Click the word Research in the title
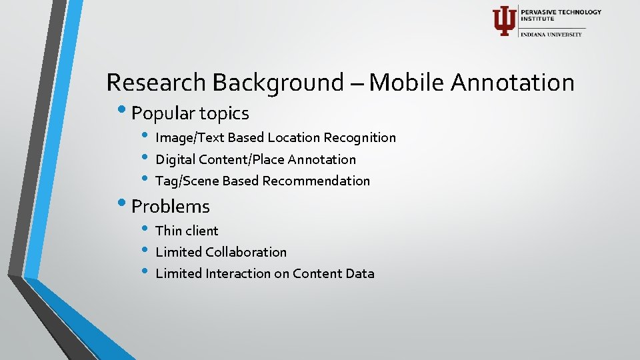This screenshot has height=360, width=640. point(157,83)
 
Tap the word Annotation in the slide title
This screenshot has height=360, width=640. point(512,83)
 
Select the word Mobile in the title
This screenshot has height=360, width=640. point(407,83)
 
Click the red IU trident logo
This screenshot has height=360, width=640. point(503,21)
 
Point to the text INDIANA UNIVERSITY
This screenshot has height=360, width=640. point(551,34)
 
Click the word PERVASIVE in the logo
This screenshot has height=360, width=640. point(541,12)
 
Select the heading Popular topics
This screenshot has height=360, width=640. point(190,113)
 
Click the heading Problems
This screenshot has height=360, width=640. point(171,207)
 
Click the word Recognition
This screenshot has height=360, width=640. point(359,138)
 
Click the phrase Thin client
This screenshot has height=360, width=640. point(187,231)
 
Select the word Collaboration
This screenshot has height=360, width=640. point(246,252)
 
